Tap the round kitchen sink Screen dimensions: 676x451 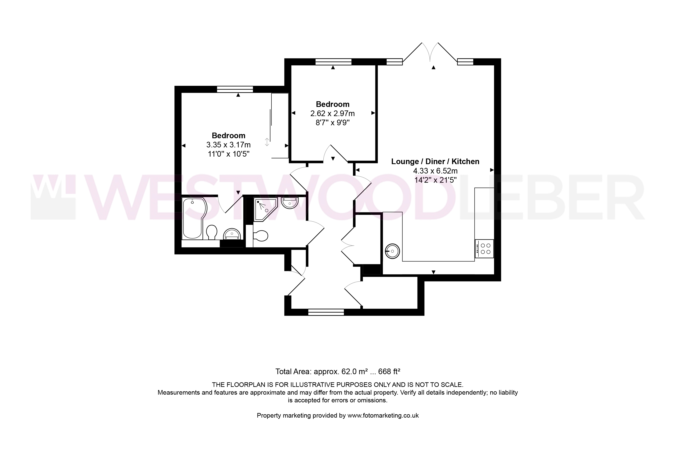pos(392,251)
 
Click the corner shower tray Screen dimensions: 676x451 pos(266,210)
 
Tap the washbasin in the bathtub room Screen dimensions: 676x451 pos(232,234)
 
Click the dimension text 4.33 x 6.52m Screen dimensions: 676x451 pos(435,171)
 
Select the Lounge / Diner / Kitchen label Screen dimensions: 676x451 pos(435,162)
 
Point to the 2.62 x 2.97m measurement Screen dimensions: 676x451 pos(333,114)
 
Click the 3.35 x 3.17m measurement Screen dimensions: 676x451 pos(228,145)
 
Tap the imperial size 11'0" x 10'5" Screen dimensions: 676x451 pos(228,154)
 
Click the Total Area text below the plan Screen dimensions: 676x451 pos(338,372)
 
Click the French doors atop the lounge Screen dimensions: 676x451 pos(430,52)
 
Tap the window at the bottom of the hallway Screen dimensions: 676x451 pos(326,312)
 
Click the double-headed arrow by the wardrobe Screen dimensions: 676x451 pos(267,142)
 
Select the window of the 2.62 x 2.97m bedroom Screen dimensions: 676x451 pos(333,62)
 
